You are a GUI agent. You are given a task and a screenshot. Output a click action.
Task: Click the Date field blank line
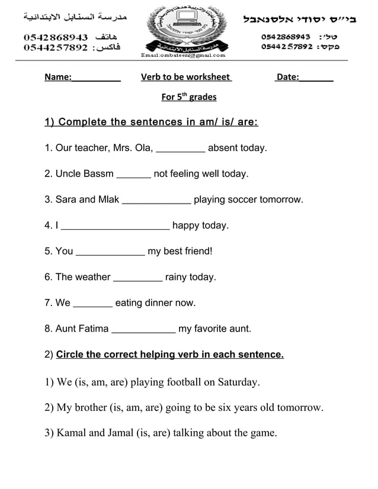coord(316,79)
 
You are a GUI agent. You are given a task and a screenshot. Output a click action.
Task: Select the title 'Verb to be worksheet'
coord(185,77)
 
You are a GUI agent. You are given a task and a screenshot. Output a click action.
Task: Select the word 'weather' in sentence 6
coord(92,277)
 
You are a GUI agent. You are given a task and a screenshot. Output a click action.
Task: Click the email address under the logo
coord(183,56)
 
